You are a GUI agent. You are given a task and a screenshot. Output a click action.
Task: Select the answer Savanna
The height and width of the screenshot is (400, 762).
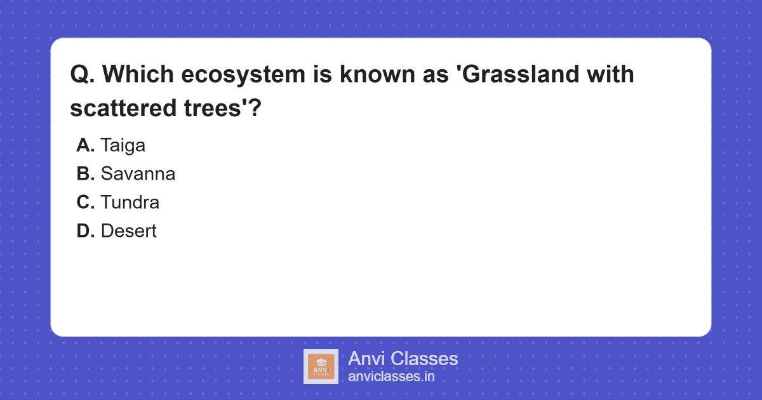click(x=138, y=174)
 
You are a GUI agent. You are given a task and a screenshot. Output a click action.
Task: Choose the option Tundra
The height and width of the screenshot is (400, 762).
click(x=130, y=203)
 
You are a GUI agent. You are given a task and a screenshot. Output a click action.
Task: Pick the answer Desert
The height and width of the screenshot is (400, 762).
click(x=128, y=231)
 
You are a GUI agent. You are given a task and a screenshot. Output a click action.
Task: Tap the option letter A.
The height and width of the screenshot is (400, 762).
click(x=85, y=145)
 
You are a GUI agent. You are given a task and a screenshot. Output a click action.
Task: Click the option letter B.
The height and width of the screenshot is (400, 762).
click(x=85, y=174)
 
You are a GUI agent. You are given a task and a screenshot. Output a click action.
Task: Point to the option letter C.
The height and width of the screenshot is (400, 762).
click(x=85, y=203)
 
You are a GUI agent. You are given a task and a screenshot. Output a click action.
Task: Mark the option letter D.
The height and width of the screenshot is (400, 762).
click(x=85, y=231)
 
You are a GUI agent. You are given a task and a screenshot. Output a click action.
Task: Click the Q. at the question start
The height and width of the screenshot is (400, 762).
click(x=82, y=75)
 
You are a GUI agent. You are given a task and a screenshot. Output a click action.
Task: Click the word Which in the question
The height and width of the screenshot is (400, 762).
click(x=137, y=75)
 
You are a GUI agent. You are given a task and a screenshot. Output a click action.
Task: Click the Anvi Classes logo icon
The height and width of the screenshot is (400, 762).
click(x=321, y=366)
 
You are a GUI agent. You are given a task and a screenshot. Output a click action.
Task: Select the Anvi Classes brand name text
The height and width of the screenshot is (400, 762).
click(x=403, y=359)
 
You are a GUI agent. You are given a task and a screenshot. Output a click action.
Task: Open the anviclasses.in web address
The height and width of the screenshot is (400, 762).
click(x=391, y=377)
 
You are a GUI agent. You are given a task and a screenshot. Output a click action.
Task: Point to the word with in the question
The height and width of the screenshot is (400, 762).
click(x=610, y=75)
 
